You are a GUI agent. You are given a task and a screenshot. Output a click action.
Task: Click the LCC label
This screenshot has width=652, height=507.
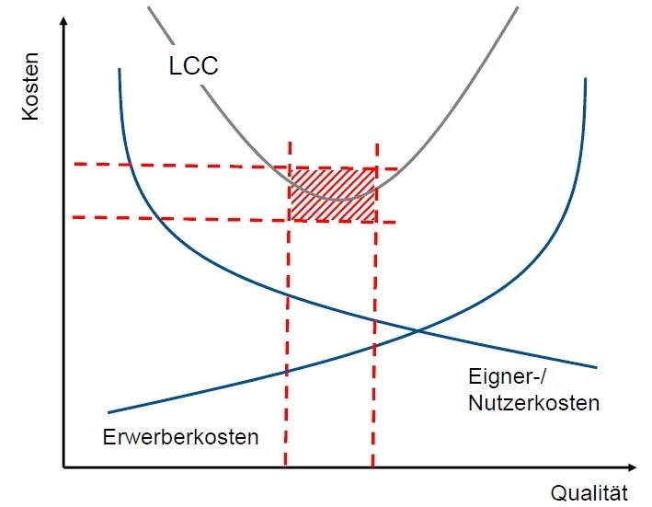pyautogui.click(x=193, y=65)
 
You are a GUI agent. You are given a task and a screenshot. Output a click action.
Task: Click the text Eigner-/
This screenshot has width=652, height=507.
pyautogui.click(x=505, y=377)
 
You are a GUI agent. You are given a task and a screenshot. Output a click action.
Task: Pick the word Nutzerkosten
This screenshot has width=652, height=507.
pyautogui.click(x=533, y=402)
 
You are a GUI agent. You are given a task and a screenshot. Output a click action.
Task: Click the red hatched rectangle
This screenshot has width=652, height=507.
pyautogui.click(x=333, y=194)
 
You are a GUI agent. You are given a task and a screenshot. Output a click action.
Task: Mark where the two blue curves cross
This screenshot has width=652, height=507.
pyautogui.click(x=419, y=330)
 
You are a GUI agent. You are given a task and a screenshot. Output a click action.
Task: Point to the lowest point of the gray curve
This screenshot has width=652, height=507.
pyautogui.click(x=341, y=199)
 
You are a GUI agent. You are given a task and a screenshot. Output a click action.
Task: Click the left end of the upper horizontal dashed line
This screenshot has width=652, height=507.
pyautogui.click(x=74, y=164)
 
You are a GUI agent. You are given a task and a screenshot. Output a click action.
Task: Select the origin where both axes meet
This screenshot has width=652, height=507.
pyautogui.click(x=63, y=467)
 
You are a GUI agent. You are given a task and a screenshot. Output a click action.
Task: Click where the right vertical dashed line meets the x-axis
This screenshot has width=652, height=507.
pyautogui.click(x=372, y=467)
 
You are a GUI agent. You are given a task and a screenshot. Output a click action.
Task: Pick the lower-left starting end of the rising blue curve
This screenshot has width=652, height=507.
pyautogui.click(x=109, y=411)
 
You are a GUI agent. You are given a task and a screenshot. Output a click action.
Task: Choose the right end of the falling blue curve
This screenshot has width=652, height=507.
pyautogui.click(x=597, y=367)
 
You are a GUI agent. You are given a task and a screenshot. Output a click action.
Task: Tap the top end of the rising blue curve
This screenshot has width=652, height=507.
pyautogui.click(x=586, y=80)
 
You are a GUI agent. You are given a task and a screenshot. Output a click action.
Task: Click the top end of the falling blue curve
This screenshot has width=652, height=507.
pyautogui.click(x=120, y=69)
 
